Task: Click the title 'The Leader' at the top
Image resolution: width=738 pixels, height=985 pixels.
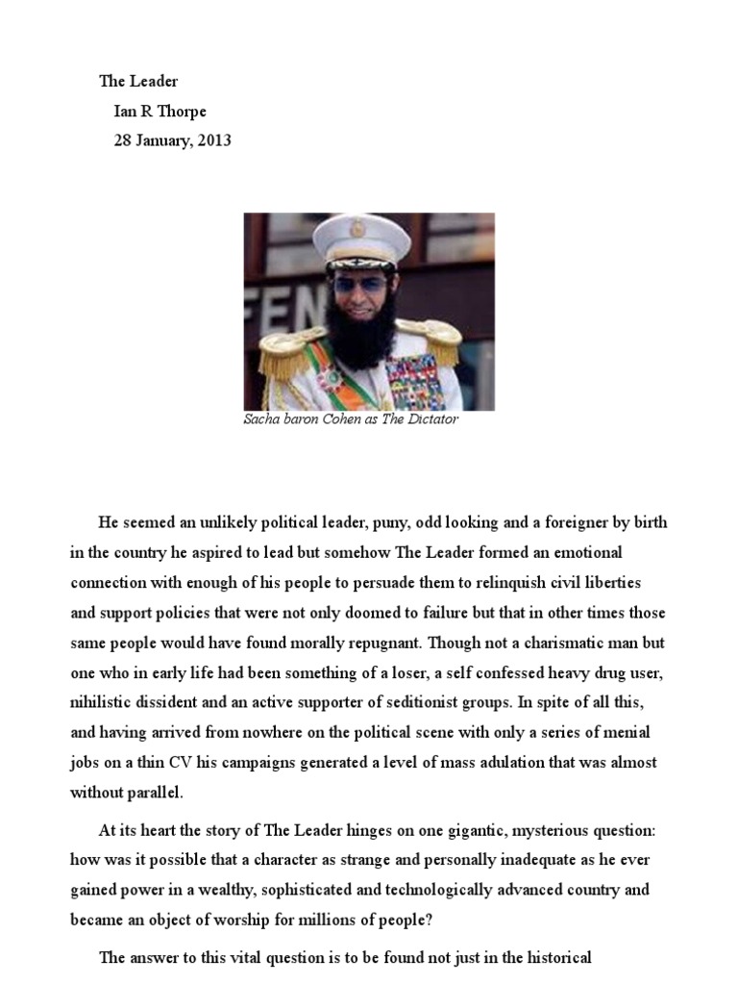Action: tap(138, 82)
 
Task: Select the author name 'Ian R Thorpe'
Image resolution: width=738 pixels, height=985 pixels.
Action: tap(160, 111)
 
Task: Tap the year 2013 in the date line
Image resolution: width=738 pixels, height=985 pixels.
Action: tap(213, 140)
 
